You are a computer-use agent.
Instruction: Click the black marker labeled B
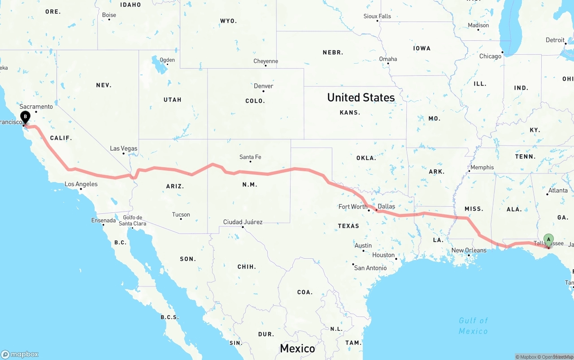[26, 117]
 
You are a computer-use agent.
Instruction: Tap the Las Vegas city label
[124, 148]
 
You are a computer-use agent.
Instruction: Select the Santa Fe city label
[250, 157]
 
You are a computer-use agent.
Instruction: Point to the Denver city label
[263, 86]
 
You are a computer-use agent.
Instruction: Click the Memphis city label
[482, 167]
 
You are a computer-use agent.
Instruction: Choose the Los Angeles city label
[81, 184]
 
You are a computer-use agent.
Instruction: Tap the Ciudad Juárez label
[243, 222]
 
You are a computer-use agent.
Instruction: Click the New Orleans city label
[469, 250]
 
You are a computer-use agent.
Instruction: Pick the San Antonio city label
[370, 268]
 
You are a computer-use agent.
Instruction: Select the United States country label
[361, 97]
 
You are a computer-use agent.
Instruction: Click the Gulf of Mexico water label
[473, 326]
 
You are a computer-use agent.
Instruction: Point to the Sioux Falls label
[377, 16]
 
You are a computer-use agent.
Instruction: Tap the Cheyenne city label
[265, 61]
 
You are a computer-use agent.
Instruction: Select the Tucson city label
[181, 214]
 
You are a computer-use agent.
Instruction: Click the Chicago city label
[490, 56]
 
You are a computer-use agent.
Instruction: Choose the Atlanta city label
[558, 190]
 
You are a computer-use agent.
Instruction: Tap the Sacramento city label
[36, 106]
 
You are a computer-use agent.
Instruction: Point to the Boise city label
[109, 15]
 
